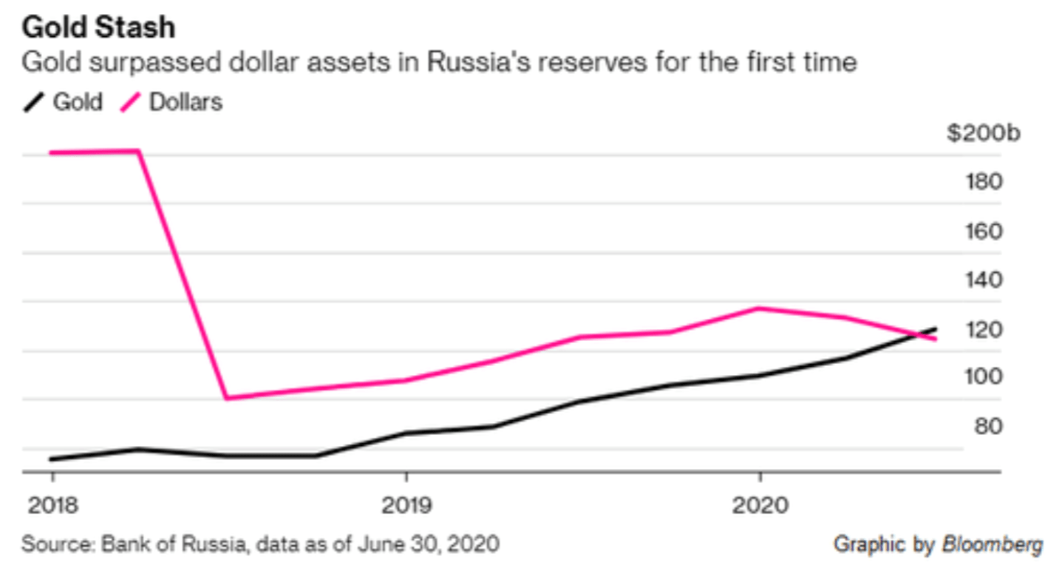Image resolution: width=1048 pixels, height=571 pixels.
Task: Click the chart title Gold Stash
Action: (98, 27)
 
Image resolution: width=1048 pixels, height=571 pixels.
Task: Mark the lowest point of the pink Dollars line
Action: (228, 398)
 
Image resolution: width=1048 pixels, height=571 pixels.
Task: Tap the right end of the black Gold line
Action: (936, 328)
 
